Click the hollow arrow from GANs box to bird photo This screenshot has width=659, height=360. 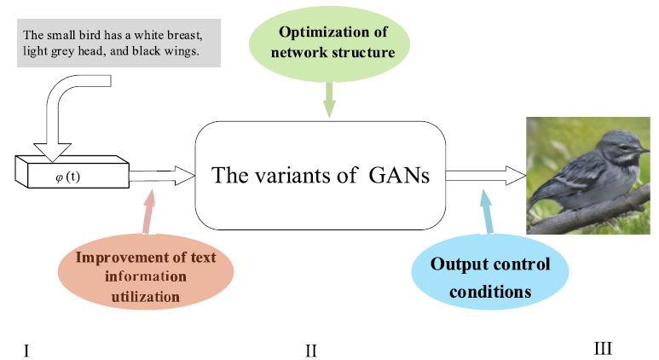[483, 175]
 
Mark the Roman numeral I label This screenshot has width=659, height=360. [27, 349]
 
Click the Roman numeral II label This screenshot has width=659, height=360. [311, 350]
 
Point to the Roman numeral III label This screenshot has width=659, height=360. [603, 348]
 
